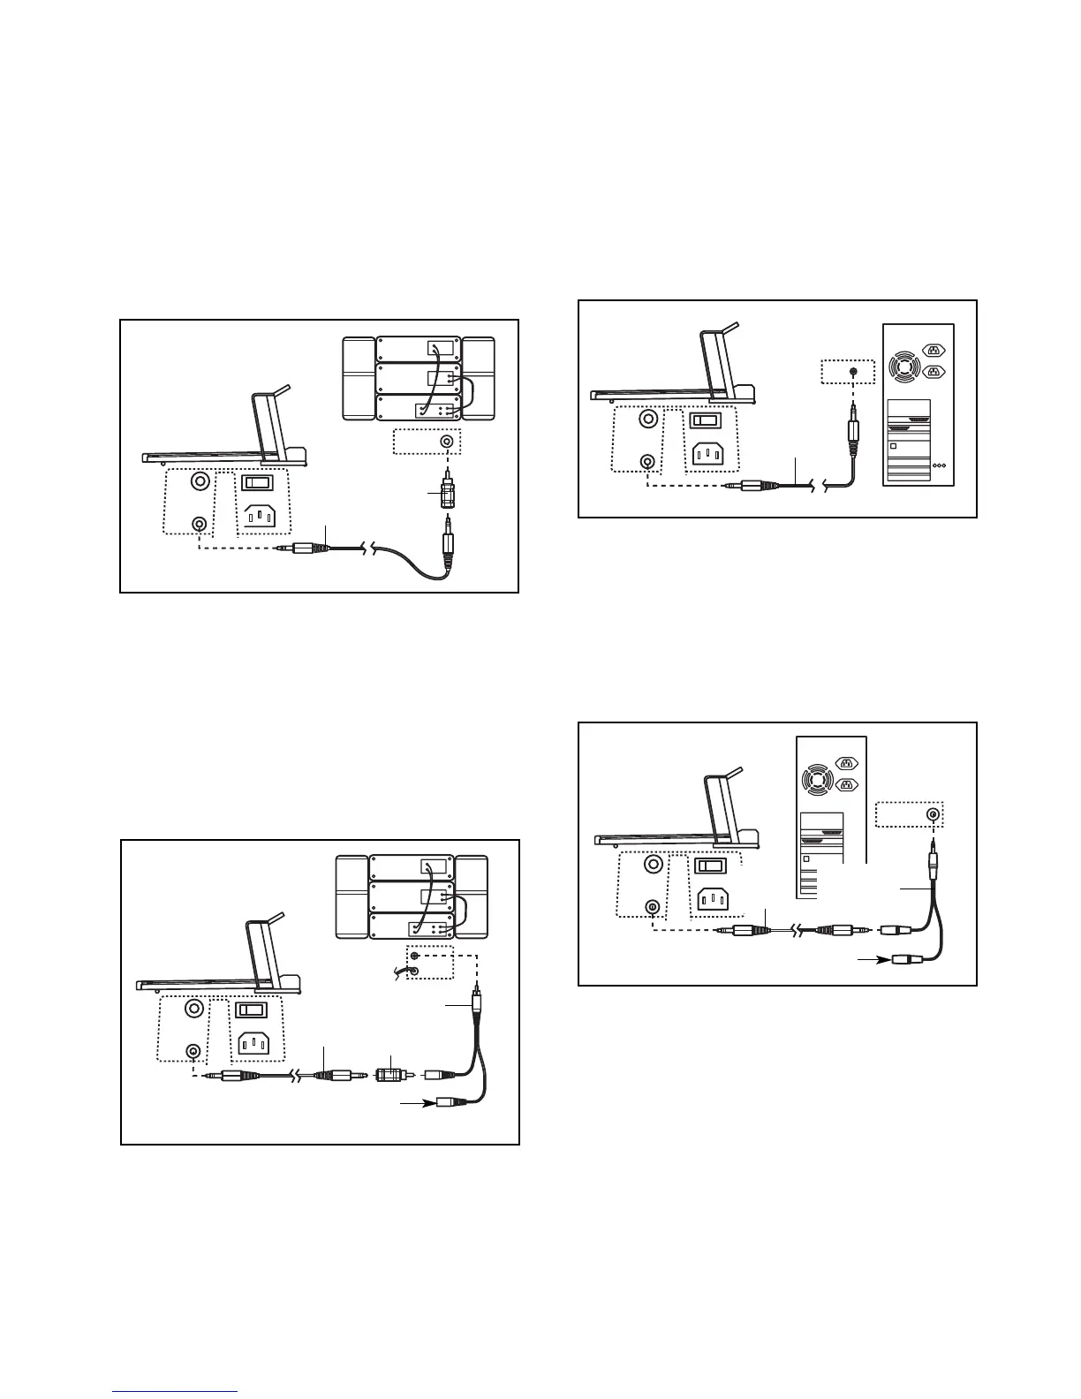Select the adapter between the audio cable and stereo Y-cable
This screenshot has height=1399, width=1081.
(x=391, y=1077)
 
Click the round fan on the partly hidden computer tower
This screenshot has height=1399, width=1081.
(x=813, y=779)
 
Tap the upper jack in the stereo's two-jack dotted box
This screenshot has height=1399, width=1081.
(x=414, y=957)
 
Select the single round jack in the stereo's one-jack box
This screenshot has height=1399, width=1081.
(x=449, y=442)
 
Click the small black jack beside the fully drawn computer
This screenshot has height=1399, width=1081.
(x=852, y=372)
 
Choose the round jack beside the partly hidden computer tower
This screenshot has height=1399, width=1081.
(x=931, y=814)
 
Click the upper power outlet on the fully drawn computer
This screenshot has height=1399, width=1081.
(x=933, y=350)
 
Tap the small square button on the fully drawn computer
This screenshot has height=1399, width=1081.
(x=893, y=447)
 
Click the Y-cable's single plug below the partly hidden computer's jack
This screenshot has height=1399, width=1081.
(x=931, y=861)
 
